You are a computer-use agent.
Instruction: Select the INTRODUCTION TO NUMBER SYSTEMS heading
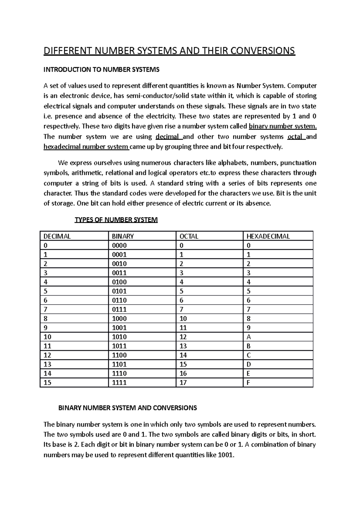coord(101,70)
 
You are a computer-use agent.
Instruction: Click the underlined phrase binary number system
coord(283,126)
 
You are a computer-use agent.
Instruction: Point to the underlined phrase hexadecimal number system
coord(86,147)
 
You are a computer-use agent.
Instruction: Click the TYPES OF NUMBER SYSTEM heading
coord(116,220)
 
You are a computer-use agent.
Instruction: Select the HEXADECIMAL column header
coord(268,236)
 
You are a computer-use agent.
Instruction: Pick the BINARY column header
coord(123,236)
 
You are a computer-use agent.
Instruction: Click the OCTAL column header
coord(189,236)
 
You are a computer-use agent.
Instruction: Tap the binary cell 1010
coord(119,337)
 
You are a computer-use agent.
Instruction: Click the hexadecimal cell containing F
coord(248,383)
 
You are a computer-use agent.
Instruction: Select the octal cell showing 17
coord(183,383)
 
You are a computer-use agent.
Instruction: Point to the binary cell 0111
coord(119,309)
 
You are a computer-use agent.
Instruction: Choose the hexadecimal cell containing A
coord(248,337)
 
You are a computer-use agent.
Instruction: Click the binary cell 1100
coord(119,355)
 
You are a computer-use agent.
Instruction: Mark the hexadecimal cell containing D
coord(248,365)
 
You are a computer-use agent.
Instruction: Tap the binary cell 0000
coord(119,246)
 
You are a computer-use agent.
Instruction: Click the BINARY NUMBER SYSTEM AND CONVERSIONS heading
coord(127,408)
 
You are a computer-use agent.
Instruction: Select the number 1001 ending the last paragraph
coord(225,455)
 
